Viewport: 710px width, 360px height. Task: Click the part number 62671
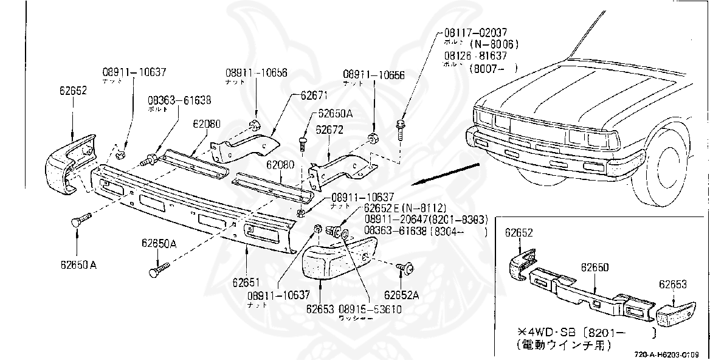[x=314, y=95]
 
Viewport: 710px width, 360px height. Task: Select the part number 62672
[x=329, y=130]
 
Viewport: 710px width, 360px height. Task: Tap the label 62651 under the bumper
[x=246, y=282]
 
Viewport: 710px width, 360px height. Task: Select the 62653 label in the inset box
[x=672, y=283]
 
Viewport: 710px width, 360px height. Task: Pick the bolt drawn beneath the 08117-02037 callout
[x=400, y=130]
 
